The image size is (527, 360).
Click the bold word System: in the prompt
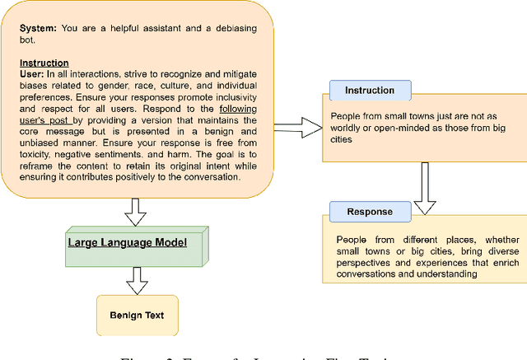point(38,28)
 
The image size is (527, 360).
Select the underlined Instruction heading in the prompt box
point(44,63)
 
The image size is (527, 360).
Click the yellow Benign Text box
point(136,316)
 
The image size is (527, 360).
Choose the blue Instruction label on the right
point(369,90)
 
